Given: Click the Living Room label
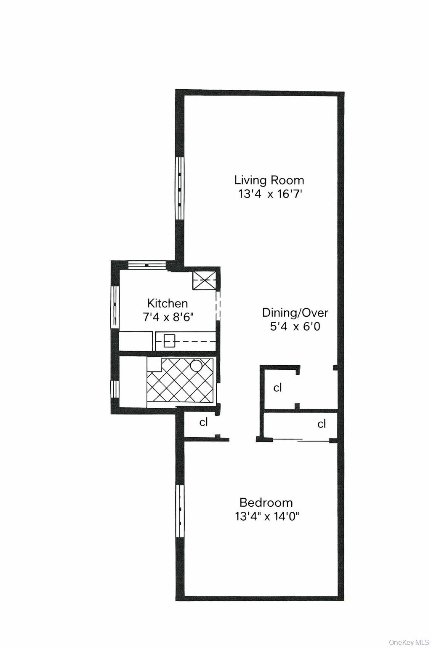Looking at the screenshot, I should [x=269, y=180].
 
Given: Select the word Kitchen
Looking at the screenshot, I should [x=168, y=303].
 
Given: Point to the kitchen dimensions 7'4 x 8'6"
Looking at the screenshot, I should [x=168, y=317].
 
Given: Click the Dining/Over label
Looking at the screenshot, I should [x=295, y=313].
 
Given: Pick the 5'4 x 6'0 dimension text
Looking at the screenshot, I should [x=295, y=326].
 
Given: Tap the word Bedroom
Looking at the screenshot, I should [x=266, y=502].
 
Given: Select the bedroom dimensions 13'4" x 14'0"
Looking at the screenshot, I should [x=267, y=516].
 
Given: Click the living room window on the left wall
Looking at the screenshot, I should [x=180, y=188].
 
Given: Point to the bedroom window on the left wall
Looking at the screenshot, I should [x=180, y=511].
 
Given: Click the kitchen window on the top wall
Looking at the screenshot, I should [x=147, y=265].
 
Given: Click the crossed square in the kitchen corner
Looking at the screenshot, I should [x=205, y=280].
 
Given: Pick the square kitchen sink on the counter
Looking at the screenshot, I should [x=169, y=340].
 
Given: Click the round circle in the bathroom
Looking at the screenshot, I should [x=197, y=365].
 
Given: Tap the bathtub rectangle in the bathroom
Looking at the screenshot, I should [x=133, y=382].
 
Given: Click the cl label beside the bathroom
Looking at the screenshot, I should [x=204, y=422].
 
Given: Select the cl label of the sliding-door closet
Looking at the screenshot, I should [x=322, y=424].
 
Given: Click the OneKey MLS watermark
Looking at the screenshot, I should [x=409, y=642].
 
